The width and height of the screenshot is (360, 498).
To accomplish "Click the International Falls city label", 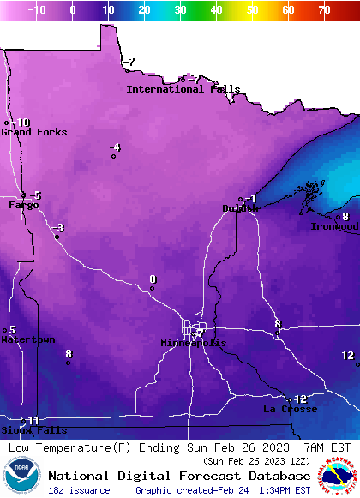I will pyautogui.click(x=183, y=89).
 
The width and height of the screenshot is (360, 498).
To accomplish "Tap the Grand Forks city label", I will pyautogui.click(x=28, y=132).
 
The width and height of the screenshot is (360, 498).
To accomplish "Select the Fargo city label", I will pyautogui.click(x=24, y=206).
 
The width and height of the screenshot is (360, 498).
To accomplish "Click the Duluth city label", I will pyautogui.click(x=240, y=208).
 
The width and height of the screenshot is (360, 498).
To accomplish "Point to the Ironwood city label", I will pyautogui.click(x=335, y=226).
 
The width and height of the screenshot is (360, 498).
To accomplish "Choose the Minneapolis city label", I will pyautogui.click(x=194, y=343).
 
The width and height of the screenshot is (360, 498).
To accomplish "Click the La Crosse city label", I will pyautogui.click(x=290, y=410).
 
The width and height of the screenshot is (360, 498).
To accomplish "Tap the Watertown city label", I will pyautogui.click(x=28, y=340).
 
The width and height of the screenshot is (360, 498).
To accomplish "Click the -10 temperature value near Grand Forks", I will pyautogui.click(x=21, y=123).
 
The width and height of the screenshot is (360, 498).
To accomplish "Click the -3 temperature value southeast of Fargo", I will pyautogui.click(x=57, y=228).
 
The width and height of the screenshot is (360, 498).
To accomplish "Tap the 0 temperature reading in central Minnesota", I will pyautogui.click(x=153, y=279).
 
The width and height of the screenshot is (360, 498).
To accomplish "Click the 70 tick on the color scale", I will pyautogui.click(x=324, y=10).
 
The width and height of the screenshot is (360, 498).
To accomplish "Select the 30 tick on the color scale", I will pyautogui.click(x=180, y=10).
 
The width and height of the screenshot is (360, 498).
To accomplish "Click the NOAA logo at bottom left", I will pyautogui.click(x=21, y=476).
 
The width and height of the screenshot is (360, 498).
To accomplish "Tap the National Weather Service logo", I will pyautogui.click(x=339, y=476).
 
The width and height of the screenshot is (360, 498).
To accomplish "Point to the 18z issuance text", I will pyautogui.click(x=79, y=490).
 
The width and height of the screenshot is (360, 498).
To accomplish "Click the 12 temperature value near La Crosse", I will pyautogui.click(x=299, y=399).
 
